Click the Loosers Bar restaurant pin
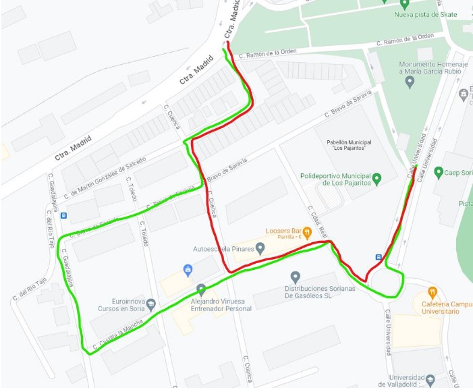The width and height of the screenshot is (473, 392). click(307, 233)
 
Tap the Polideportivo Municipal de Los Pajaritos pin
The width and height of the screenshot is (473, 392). click(377, 179)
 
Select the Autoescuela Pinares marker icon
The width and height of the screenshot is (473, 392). click(260, 249)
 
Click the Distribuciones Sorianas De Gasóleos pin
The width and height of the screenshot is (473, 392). click(295, 277)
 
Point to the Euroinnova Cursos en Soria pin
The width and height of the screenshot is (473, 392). click(150, 304)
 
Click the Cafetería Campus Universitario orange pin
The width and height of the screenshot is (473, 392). click(433, 293)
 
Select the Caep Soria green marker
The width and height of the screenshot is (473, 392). click(438, 172)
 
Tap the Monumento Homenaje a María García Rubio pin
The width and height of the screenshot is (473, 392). click(410, 82)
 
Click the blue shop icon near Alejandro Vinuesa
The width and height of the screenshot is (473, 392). click(188, 271)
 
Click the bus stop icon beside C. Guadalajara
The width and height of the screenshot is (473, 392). click(63, 216)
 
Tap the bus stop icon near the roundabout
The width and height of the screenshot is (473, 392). click(378, 257)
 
